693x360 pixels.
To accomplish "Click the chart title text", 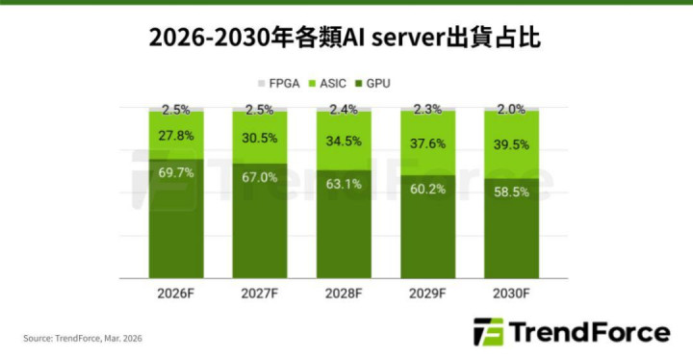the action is (x=345, y=39).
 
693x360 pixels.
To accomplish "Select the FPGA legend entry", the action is (x=279, y=83).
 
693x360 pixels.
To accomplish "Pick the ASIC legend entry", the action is (x=327, y=83).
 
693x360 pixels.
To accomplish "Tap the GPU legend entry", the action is (x=373, y=83).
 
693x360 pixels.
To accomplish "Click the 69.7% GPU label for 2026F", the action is (x=176, y=172).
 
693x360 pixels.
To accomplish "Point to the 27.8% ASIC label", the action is (x=176, y=136).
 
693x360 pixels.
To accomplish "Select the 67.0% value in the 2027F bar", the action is (x=260, y=177).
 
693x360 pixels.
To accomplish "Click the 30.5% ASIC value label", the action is (x=260, y=138).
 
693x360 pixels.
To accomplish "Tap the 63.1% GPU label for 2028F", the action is (x=344, y=184).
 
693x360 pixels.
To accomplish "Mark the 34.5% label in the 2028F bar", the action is (x=344, y=141).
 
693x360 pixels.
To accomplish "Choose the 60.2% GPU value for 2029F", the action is (x=427, y=189).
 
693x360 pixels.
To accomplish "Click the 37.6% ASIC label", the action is (x=427, y=143).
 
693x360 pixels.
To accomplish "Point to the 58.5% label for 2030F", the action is (x=511, y=192).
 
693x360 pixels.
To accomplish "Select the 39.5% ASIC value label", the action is (x=511, y=144).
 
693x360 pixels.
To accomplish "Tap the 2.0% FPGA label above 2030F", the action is (x=511, y=109).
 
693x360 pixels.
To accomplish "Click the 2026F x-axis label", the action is (x=176, y=294).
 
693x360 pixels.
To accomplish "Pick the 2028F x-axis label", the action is (x=344, y=294).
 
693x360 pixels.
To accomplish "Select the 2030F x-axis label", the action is (x=511, y=294).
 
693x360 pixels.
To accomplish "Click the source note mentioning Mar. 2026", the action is (x=83, y=338).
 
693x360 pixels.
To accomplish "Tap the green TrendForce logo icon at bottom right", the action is (x=489, y=332).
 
